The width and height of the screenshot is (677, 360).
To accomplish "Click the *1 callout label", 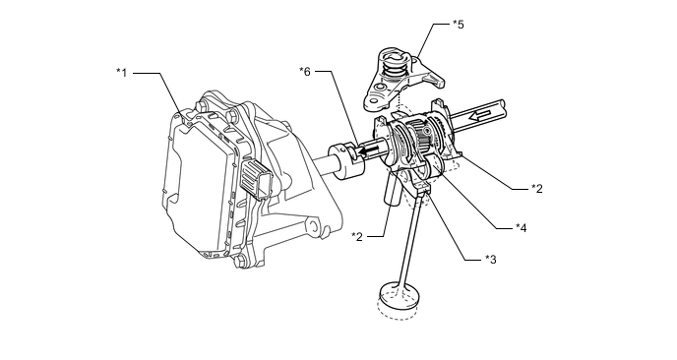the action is coord(122,73).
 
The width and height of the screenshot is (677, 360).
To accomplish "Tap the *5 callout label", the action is coord(459,25).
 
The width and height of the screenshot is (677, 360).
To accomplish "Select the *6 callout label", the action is coord(305,71).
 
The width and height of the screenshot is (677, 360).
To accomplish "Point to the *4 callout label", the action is coord(522,227).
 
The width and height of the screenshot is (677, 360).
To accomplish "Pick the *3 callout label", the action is coord(490,259).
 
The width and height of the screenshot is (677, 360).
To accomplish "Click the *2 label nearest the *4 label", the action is coord(536,188).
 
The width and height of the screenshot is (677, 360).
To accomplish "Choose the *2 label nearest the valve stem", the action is coord(357,236).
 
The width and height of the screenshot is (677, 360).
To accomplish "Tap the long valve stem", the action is coord(411,239).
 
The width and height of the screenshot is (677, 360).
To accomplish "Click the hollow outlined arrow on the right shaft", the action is coord(480,115).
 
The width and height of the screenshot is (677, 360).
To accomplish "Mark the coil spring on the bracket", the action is coord(393,68).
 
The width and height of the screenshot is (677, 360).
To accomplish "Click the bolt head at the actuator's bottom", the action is coord(240,262).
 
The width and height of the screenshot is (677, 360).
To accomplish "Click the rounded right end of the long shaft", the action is coord(501,109).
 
